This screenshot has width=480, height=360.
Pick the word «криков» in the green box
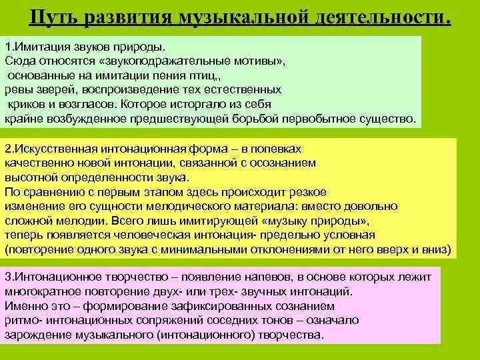tap(26, 105)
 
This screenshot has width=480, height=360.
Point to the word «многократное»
tap(42, 291)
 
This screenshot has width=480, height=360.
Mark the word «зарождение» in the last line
tap(36, 334)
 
